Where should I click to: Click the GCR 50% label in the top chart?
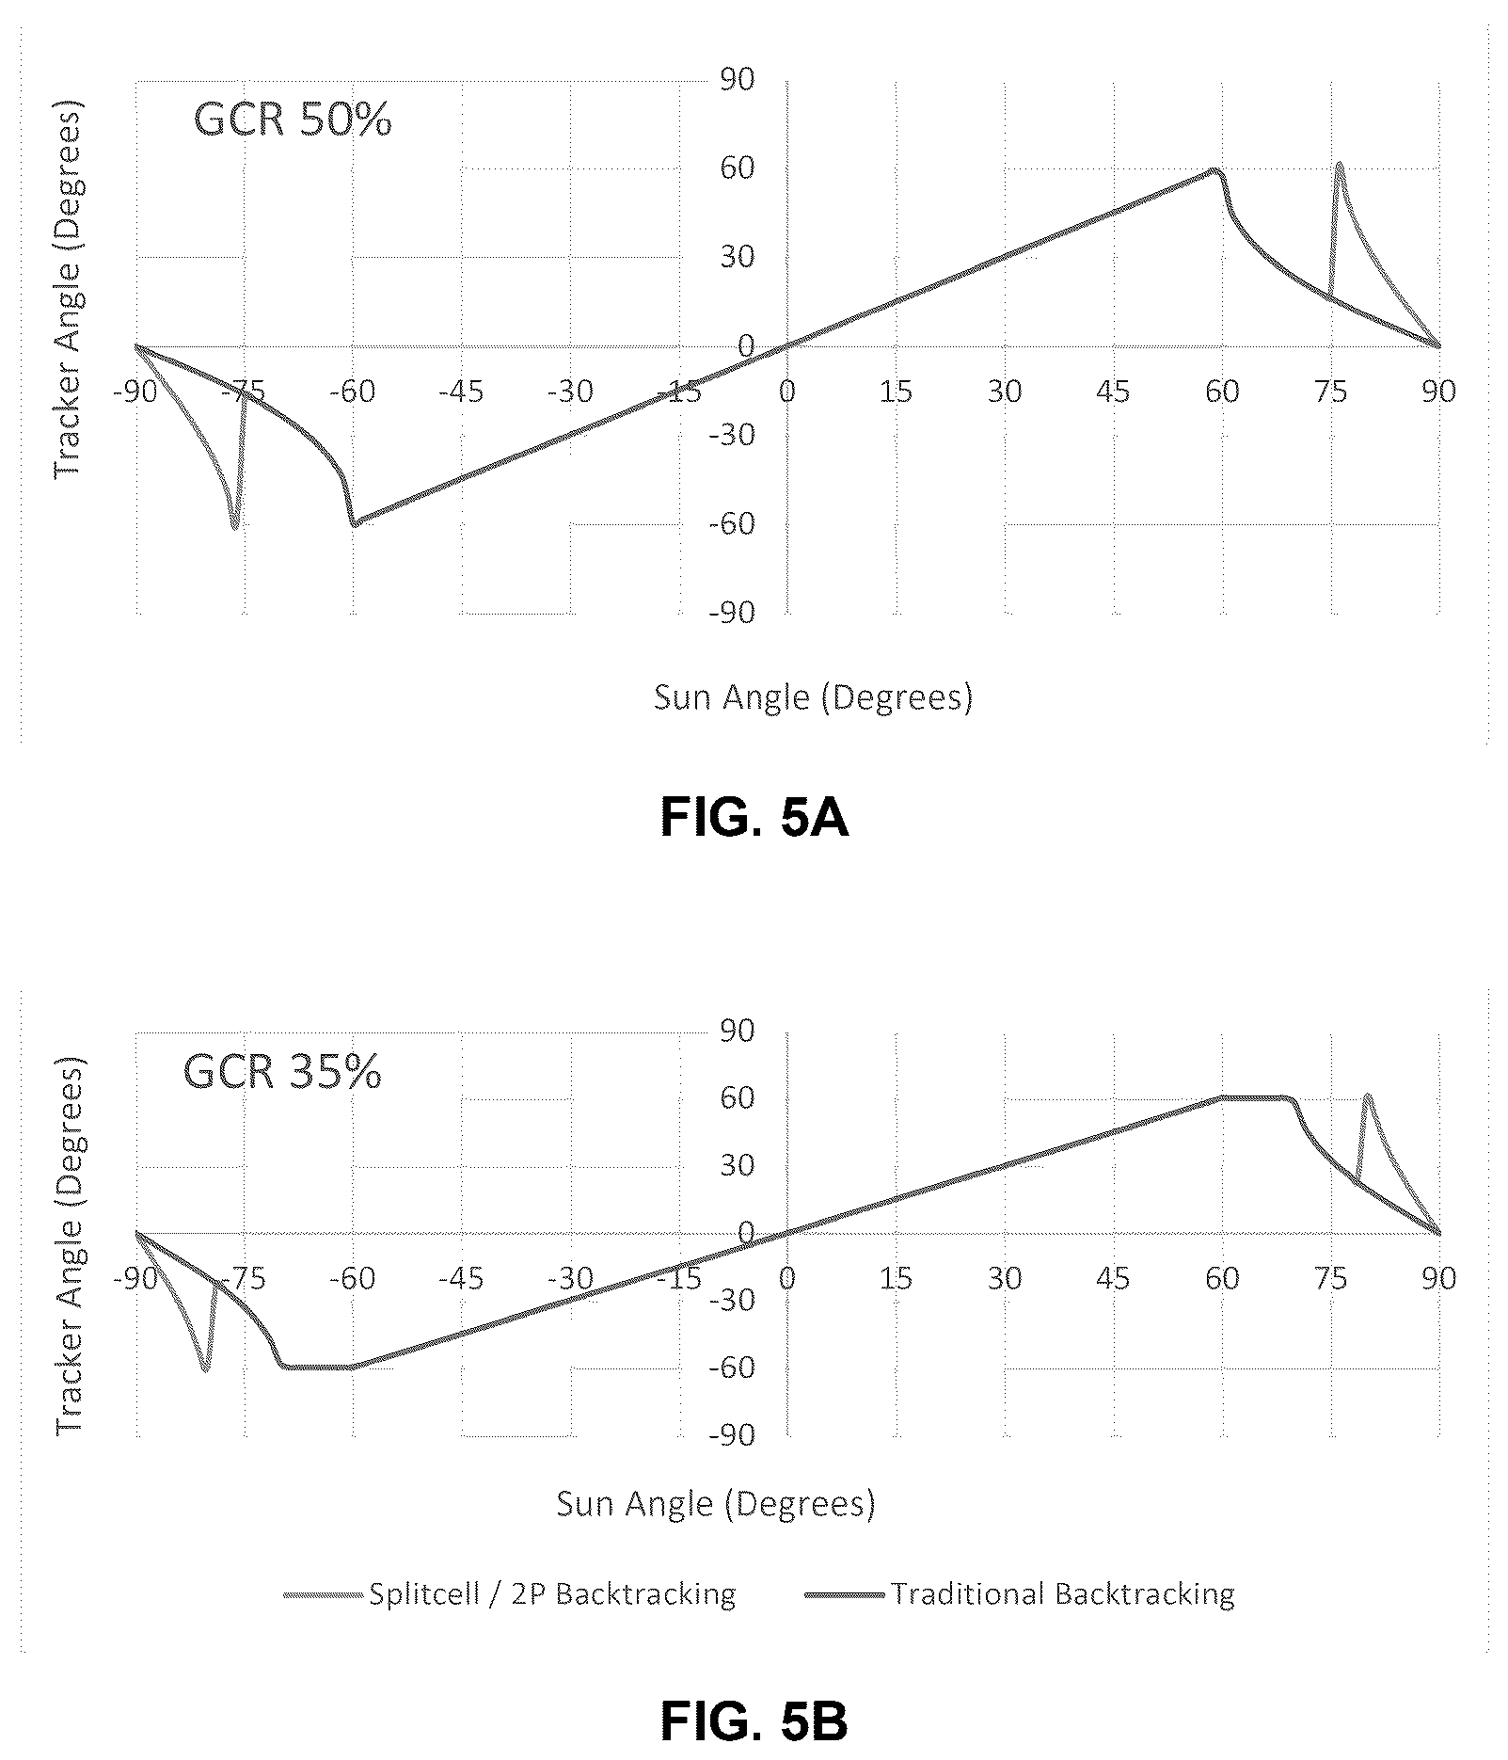(293, 120)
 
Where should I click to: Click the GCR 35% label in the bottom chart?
(282, 1071)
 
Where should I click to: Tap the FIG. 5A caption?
(754, 817)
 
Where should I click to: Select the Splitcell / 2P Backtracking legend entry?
(510, 1593)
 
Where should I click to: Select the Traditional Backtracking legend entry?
(1020, 1593)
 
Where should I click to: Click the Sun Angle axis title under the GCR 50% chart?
(814, 696)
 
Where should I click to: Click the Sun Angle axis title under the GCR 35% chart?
(716, 1503)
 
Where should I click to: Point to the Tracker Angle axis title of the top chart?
(68, 289)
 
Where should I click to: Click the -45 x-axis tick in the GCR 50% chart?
(461, 391)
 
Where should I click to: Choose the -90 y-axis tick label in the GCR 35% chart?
(732, 1434)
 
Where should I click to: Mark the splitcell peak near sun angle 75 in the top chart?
(1339, 164)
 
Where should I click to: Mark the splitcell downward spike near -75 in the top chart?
(234, 526)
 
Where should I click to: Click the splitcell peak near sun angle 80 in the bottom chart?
(1367, 1096)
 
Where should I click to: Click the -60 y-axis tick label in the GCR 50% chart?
(732, 523)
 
